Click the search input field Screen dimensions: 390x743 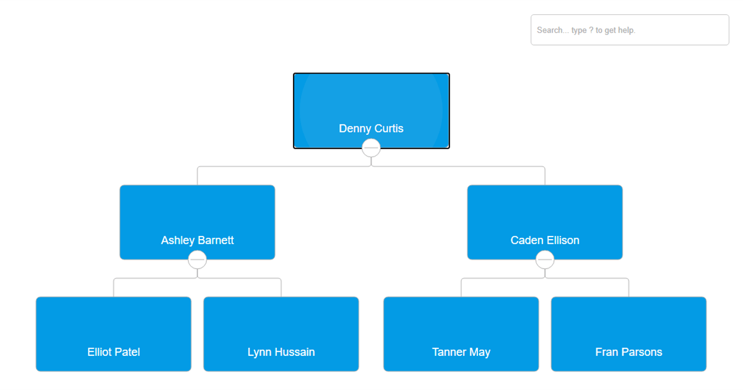click(629, 30)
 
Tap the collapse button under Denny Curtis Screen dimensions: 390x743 click(371, 148)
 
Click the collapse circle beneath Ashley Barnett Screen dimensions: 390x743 click(197, 259)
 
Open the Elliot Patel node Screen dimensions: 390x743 click(113, 328)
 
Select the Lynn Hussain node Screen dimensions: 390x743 click(281, 328)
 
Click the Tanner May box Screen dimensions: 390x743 click(461, 328)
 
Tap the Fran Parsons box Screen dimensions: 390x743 click(628, 328)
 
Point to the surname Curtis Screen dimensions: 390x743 click(389, 129)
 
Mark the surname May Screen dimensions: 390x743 click(479, 352)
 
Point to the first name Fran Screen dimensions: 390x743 click(606, 352)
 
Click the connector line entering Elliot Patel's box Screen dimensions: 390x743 click(113, 288)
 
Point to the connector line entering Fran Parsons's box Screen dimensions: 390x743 click(628, 288)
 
